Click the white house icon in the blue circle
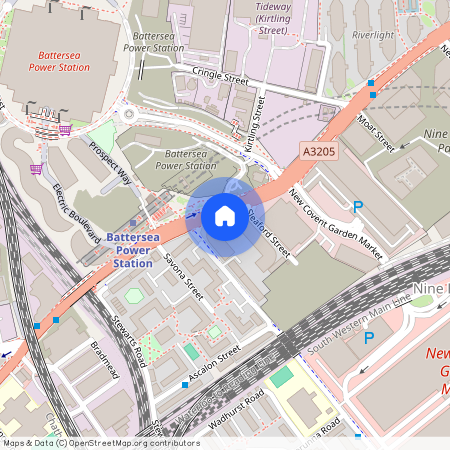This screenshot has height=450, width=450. click(x=225, y=216)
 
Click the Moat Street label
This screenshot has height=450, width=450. click(x=376, y=132)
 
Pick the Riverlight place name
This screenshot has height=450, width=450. click(x=373, y=35)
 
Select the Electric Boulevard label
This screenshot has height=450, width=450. click(x=71, y=208)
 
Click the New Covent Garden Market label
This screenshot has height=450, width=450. click(x=335, y=218)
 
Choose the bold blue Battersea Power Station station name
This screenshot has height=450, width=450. click(x=133, y=250)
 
